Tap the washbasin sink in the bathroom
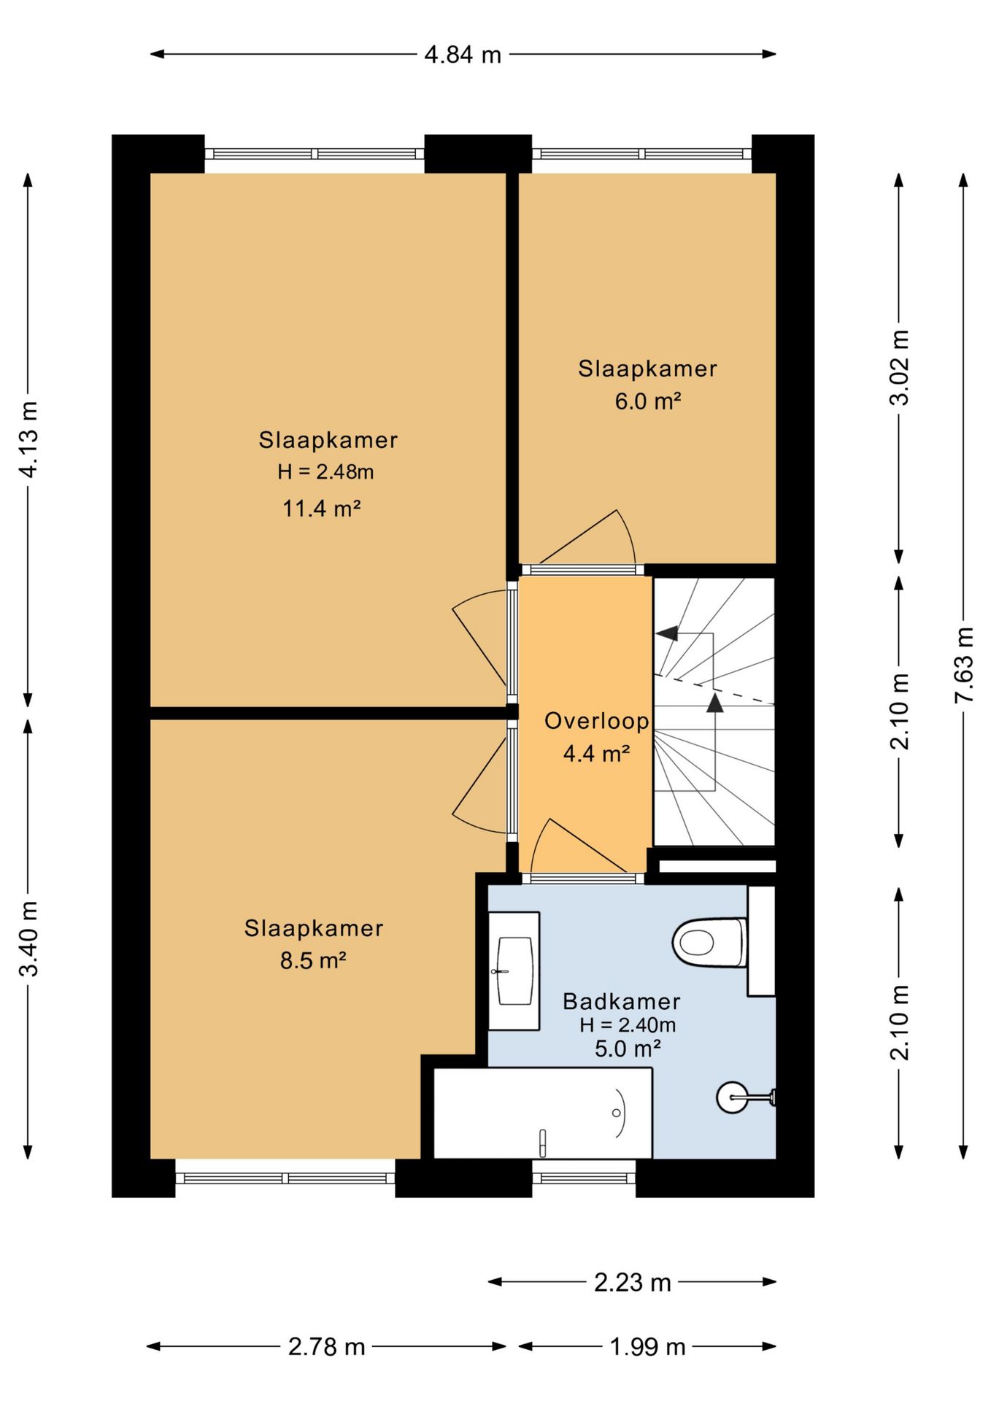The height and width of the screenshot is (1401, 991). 514,971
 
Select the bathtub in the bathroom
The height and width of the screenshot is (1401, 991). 543,1113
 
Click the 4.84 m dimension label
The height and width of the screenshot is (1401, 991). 463,55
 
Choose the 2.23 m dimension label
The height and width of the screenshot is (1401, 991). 632,1282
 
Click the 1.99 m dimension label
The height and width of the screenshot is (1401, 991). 647,1346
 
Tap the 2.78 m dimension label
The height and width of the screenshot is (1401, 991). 326,1346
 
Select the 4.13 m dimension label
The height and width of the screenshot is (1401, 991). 28,440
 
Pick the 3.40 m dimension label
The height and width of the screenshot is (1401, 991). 28,938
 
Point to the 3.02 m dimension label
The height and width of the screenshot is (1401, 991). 900,367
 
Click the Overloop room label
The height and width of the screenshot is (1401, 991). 596,721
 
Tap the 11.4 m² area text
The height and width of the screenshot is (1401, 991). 322,508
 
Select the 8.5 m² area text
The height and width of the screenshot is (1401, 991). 313,960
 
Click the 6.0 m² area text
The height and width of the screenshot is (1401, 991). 648,401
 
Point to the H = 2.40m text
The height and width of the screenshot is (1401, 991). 628,1024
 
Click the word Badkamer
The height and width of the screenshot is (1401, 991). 621,1001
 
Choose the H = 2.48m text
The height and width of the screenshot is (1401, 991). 325,472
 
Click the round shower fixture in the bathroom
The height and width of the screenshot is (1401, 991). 731,1097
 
